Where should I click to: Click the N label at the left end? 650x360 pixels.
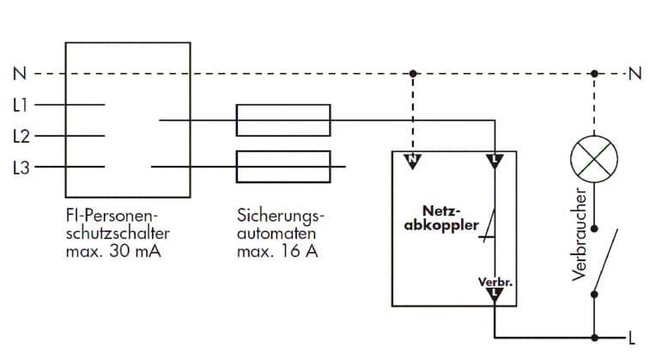(19, 74)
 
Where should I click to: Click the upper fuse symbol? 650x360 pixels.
(283, 120)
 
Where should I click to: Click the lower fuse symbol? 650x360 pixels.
(283, 167)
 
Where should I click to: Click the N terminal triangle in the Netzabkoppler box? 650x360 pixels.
(413, 161)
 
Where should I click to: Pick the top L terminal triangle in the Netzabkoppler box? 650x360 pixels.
(495, 161)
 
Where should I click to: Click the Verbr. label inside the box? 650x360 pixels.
(493, 282)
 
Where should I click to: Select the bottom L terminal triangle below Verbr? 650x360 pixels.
(495, 296)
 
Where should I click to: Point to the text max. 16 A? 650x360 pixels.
(275, 253)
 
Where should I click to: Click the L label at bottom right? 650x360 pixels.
(632, 337)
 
